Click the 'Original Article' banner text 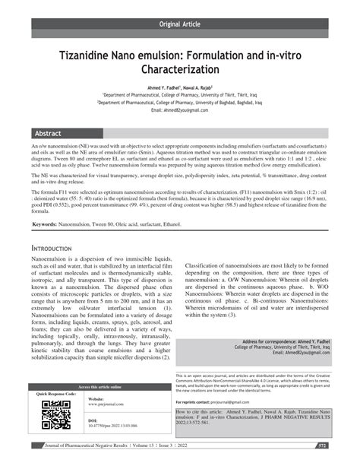[180, 24]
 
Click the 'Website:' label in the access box [96, 399]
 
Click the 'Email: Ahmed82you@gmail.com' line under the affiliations [179, 109]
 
